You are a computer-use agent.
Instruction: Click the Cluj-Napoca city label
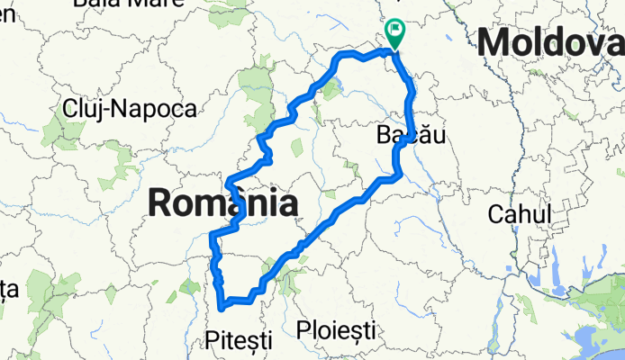tap(130, 109)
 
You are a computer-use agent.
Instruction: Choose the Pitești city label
tap(239, 339)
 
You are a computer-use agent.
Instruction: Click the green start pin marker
tap(394, 33)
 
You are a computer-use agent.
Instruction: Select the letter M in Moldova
tap(494, 42)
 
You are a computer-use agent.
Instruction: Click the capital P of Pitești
tap(213, 339)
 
